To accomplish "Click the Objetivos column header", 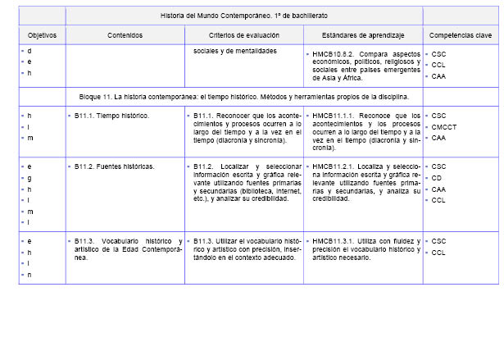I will pos(42,36).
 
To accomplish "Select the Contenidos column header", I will pos(125,36).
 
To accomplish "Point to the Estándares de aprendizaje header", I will pos(363,36).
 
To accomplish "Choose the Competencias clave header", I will pos(461,36).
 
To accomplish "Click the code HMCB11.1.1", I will pos(333,116).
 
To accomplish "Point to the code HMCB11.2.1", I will pos(333,166).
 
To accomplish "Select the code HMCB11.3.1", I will pos(333,241).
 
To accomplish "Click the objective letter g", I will pos(30,177).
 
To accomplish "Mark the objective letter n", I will pos(30,275).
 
